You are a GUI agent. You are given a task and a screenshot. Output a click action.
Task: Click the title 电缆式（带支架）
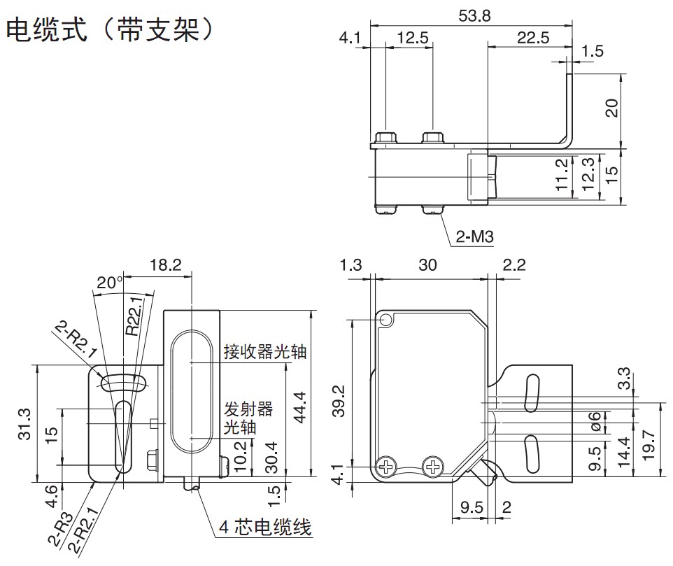point(108,30)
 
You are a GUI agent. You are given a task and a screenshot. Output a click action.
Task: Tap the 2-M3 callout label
point(475,238)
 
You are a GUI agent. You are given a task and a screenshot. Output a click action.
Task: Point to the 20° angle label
point(110,282)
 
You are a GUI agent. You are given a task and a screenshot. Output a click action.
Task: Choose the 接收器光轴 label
point(265,351)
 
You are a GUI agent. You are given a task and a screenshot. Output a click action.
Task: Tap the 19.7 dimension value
point(651,444)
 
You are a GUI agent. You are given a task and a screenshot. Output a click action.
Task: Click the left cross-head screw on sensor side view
point(386,465)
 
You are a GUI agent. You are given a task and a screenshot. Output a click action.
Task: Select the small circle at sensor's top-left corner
point(386,320)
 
